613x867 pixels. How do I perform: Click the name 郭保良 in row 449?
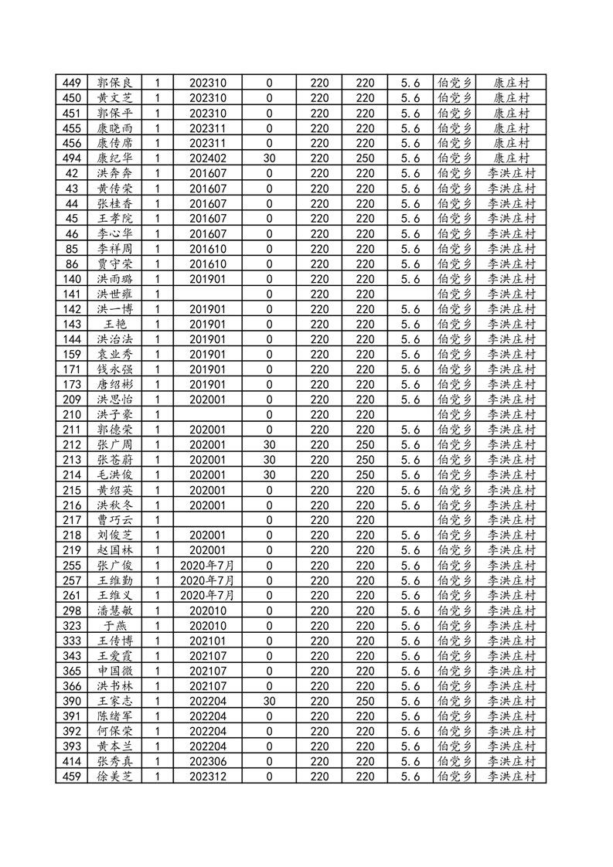click(115, 83)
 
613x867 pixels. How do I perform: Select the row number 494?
click(72, 158)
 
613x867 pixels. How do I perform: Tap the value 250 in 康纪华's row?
click(365, 158)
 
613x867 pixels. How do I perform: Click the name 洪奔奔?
click(115, 173)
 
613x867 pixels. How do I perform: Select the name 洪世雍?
click(115, 294)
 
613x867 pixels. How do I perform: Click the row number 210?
click(72, 414)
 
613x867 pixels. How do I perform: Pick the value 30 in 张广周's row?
click(269, 445)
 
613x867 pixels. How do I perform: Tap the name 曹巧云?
click(115, 520)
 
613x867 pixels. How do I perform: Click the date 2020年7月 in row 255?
click(208, 566)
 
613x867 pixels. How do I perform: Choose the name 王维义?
click(115, 596)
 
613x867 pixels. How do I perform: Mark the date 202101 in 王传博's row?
click(208, 641)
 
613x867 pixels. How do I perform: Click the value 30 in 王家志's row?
click(269, 702)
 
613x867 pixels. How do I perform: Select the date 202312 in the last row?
click(208, 777)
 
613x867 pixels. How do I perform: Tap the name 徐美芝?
click(115, 777)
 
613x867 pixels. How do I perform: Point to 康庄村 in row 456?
click(511, 143)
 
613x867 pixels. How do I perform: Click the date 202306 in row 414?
click(208, 762)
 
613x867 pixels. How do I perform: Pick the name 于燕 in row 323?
click(115, 626)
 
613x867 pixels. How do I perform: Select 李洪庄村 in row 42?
click(511, 173)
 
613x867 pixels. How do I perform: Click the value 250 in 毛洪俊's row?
click(365, 475)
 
